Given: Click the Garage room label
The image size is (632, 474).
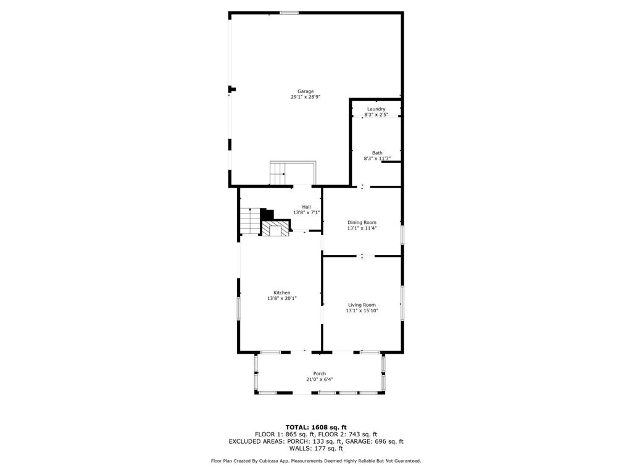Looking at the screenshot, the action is click(306, 91).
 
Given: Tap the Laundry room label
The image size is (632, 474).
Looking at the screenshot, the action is click(376, 109).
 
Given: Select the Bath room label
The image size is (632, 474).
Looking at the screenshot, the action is click(377, 153).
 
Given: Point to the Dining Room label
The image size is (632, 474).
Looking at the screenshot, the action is click(362, 222).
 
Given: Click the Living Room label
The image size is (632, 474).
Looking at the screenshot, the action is click(362, 305).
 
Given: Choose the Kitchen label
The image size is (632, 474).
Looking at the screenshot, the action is click(281, 293).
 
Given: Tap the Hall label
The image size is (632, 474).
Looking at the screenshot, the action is click(306, 207).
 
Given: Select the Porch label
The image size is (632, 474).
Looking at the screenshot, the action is click(319, 373).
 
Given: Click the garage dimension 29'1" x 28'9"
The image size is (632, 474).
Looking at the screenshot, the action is click(306, 97).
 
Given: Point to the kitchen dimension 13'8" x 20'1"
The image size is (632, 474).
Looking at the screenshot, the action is click(281, 299).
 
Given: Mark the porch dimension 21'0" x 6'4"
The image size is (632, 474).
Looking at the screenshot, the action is click(319, 380).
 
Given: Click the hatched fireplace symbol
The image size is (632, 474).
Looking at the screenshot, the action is click(276, 228).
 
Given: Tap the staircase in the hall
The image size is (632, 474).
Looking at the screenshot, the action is click(251, 221).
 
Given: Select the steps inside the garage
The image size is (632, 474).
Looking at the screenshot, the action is click(278, 174).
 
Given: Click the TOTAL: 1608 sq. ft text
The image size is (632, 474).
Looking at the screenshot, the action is click(316, 427).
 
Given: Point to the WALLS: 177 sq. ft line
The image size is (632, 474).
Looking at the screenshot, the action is click(316, 448).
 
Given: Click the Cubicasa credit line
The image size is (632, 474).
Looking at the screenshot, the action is click(316, 460).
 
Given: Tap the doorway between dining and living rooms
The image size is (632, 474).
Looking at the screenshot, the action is click(362, 256).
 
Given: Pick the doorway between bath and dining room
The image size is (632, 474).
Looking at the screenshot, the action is click(363, 186).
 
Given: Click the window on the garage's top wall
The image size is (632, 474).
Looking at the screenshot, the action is click(289, 13).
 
